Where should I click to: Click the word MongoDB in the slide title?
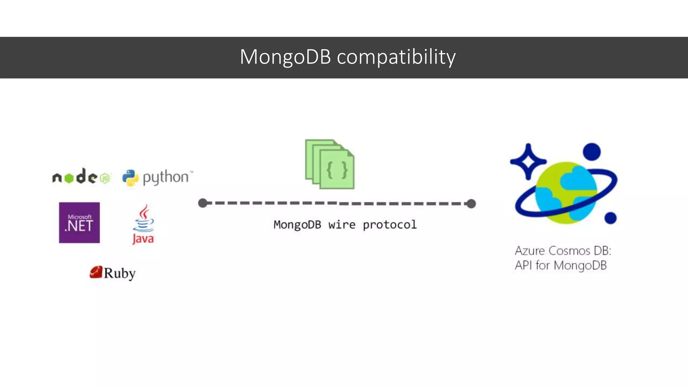point(285,57)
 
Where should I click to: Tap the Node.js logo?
point(81,177)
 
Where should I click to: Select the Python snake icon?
point(130,178)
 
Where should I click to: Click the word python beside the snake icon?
point(166,177)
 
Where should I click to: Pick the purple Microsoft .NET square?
point(79,222)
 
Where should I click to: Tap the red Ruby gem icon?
point(96,272)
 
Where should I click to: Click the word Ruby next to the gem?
point(120,273)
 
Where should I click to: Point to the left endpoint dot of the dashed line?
point(203,203)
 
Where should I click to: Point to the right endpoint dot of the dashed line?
point(471,204)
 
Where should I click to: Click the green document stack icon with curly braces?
point(330,164)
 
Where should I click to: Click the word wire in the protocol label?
point(342,224)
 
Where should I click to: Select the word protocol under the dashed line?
point(390,224)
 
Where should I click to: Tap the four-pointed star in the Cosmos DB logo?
point(528,162)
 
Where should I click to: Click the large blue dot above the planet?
point(592,152)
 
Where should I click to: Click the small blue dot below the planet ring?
point(610,218)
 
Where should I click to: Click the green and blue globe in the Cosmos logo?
point(566,193)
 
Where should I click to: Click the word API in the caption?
point(523,265)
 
